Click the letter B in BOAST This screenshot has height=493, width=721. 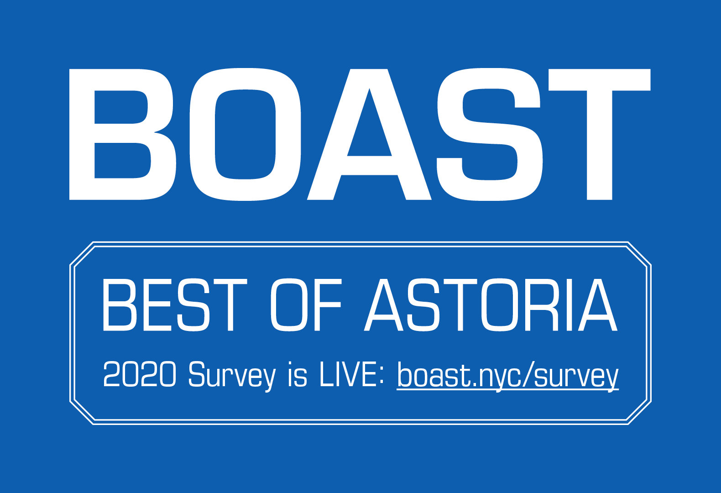click(x=122, y=134)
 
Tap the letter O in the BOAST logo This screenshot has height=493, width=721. click(x=245, y=134)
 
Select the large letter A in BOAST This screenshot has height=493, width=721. click(x=369, y=134)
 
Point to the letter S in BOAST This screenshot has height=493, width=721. click(x=490, y=134)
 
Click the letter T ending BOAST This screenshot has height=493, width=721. click(x=599, y=134)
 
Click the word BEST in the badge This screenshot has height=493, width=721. click(x=175, y=305)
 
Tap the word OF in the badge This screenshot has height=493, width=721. click(x=306, y=305)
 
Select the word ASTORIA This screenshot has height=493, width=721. click(x=491, y=305)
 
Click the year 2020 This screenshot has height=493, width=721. click(x=139, y=374)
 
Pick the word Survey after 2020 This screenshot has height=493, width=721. click(x=232, y=376)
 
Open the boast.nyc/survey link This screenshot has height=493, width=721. click(x=507, y=376)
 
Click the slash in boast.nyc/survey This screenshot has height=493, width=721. click(x=527, y=374)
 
